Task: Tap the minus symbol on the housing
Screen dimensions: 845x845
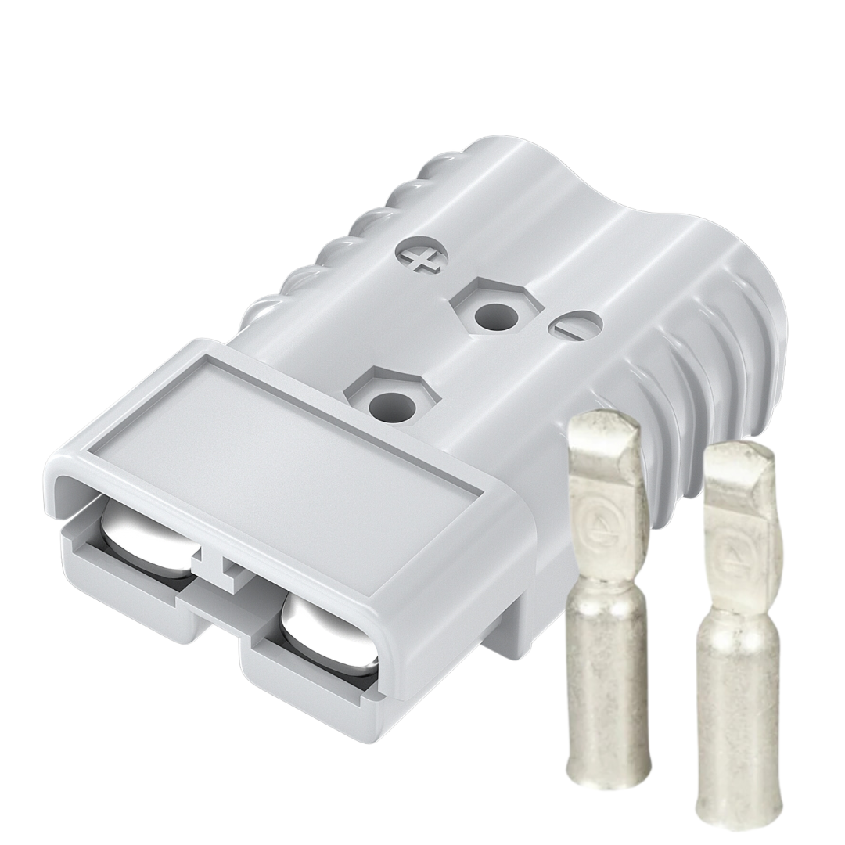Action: [575, 325]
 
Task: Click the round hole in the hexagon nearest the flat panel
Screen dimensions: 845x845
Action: [389, 405]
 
